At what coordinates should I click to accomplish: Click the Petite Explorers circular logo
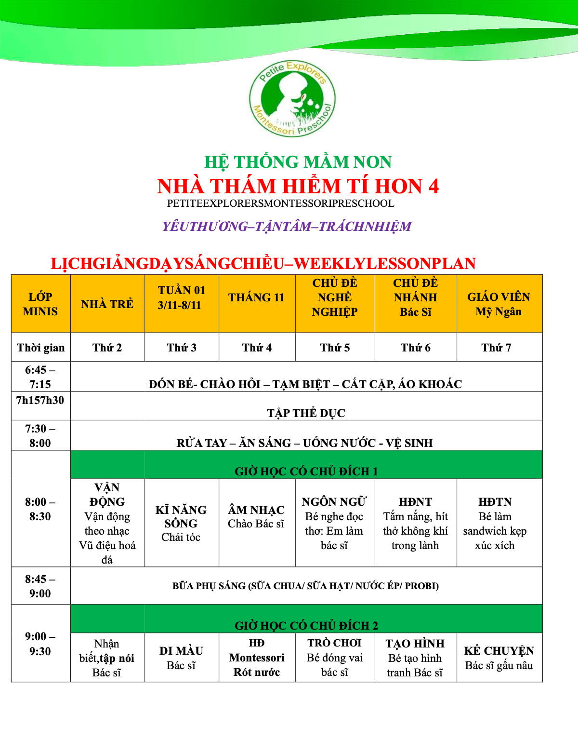click(292, 99)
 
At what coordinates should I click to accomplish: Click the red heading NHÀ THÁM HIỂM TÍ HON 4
click(298, 187)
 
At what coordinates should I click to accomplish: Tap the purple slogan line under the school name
click(287, 227)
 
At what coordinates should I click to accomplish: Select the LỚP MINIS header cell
click(40, 304)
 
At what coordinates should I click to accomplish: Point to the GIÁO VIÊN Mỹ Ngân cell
click(499, 304)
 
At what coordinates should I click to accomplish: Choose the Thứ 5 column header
click(335, 348)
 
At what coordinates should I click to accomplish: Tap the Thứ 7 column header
click(496, 348)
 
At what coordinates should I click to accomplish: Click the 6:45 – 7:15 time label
click(40, 377)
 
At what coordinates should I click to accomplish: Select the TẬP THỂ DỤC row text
click(306, 413)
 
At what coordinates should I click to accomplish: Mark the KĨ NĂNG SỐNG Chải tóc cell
click(181, 524)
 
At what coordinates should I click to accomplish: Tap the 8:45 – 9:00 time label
click(40, 586)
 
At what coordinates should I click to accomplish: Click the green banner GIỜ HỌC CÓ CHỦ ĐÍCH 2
click(306, 625)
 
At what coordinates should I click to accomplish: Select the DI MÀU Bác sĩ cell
click(181, 658)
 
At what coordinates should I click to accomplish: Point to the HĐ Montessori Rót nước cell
click(257, 658)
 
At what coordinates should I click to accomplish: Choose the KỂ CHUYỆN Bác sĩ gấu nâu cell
click(499, 658)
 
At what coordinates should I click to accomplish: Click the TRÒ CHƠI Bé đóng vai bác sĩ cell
click(335, 658)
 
